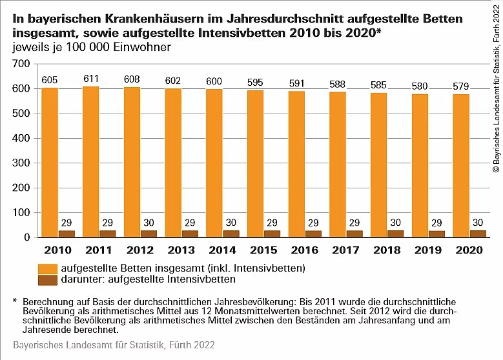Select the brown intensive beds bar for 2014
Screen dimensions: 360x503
click(232, 234)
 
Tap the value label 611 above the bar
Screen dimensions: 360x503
click(91, 78)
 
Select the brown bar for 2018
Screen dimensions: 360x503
click(396, 234)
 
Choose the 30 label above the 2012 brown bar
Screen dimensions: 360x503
click(149, 223)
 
